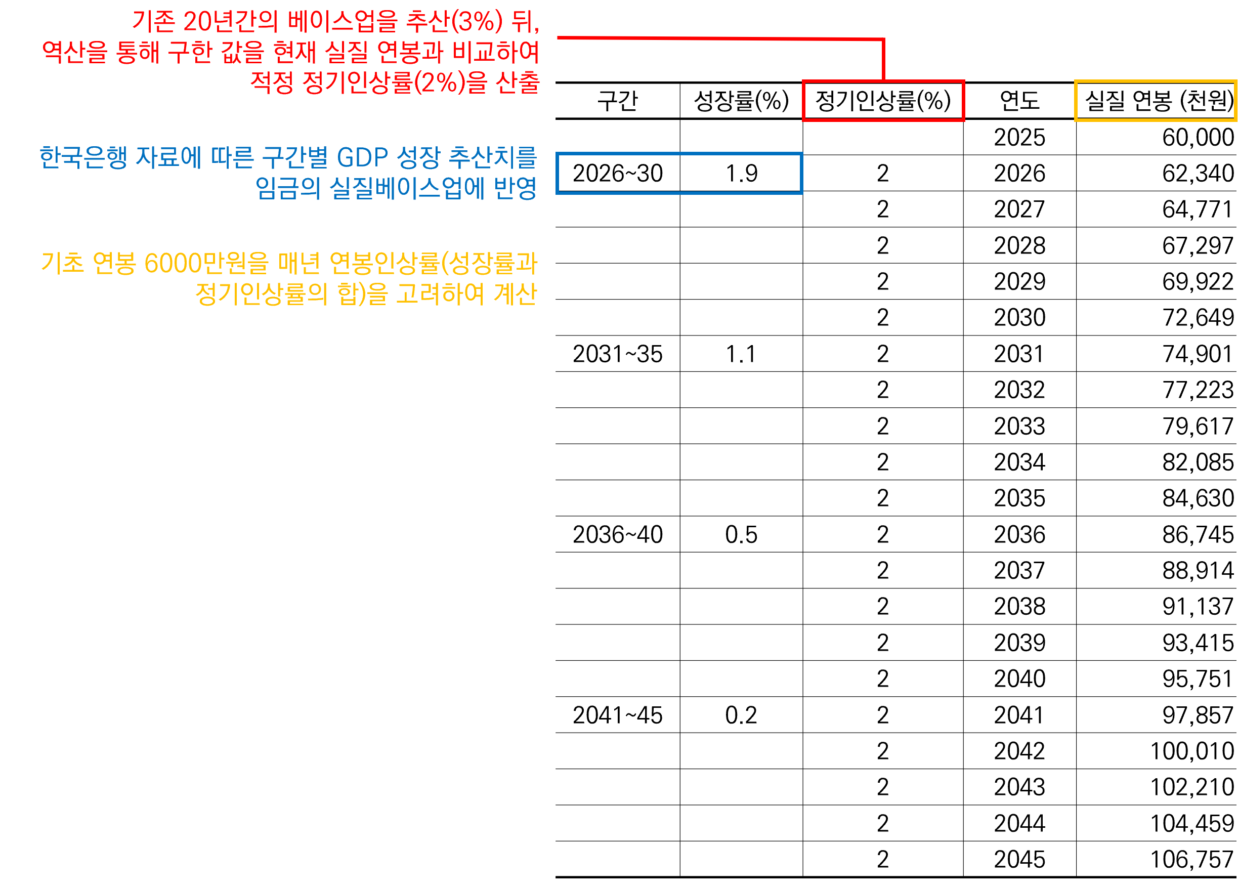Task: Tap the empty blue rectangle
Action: [679, 174]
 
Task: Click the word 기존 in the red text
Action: [154, 22]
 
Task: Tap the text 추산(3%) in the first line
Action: [454, 22]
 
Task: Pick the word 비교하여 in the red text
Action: [496, 53]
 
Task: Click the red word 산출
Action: [518, 83]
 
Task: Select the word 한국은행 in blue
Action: [83, 158]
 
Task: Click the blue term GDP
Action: [362, 158]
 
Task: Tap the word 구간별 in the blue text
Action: [295, 158]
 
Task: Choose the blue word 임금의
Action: [288, 189]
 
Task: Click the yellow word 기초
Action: [63, 264]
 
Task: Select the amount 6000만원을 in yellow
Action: [206, 264]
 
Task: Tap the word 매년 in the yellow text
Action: [299, 264]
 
